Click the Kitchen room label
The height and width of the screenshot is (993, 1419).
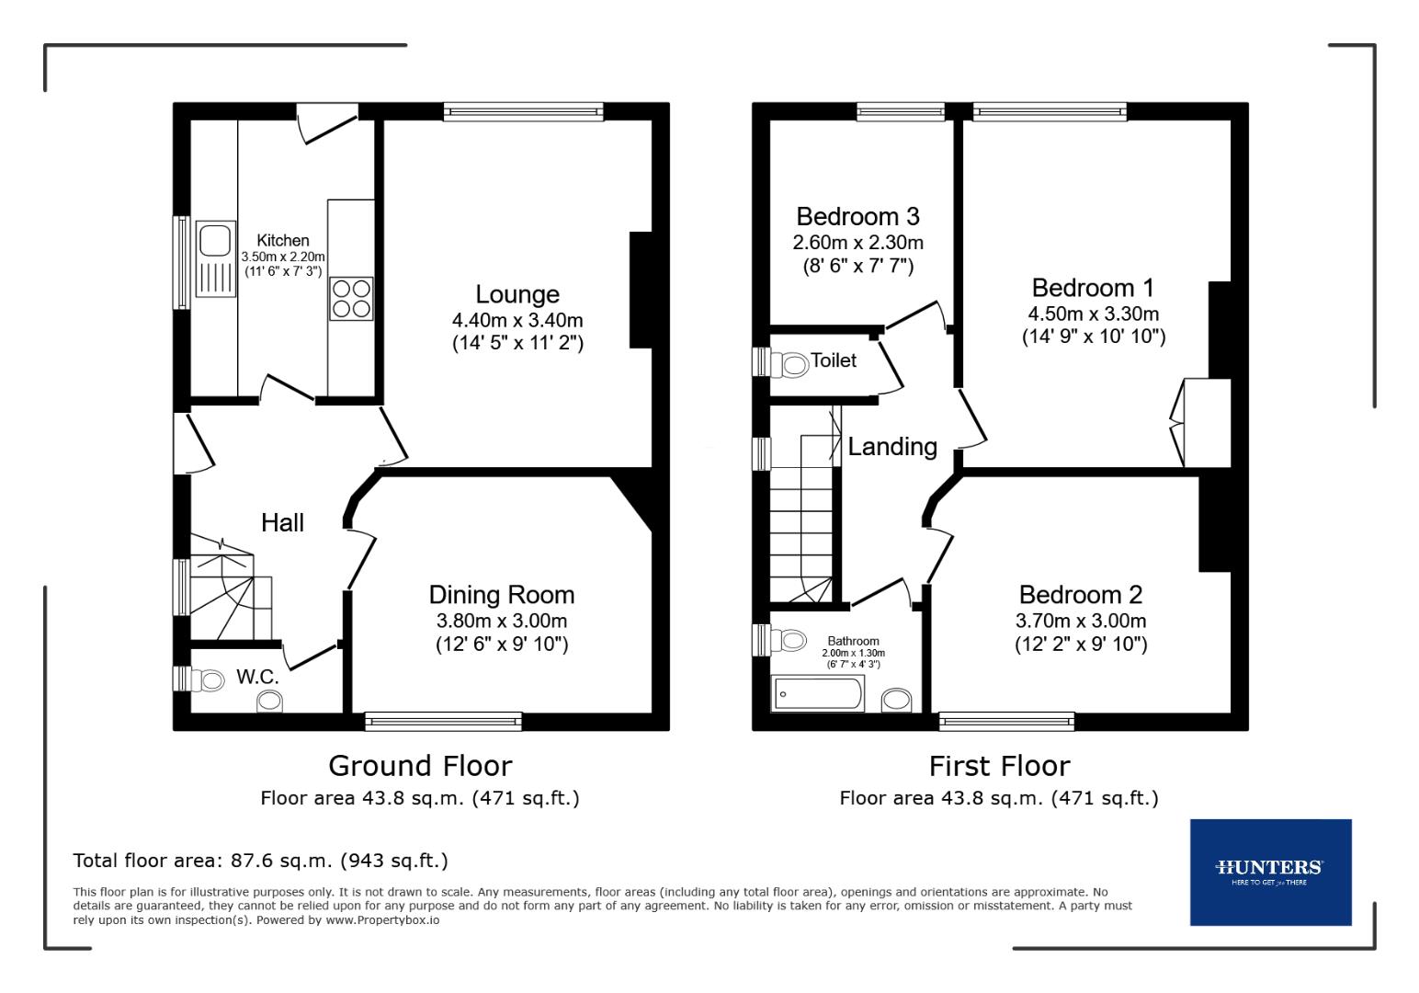tap(282, 240)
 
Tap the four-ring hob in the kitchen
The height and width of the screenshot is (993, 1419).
tap(351, 298)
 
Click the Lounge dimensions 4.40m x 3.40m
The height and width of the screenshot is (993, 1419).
tap(517, 321)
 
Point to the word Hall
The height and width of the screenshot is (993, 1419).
tap(282, 522)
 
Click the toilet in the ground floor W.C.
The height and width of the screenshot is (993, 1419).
tap(210, 680)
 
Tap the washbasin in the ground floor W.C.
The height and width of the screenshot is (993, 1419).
tap(270, 702)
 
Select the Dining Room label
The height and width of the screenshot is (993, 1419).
tap(501, 595)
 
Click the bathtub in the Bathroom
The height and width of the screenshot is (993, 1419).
tap(818, 693)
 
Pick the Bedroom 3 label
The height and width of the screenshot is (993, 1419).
tap(857, 217)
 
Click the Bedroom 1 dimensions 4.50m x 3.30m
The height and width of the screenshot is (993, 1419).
tap(1094, 314)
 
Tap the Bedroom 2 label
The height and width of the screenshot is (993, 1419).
tap(1081, 595)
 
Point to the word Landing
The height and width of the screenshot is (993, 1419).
tap(891, 447)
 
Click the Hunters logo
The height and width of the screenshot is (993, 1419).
tap(1270, 872)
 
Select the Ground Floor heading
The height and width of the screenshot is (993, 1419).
tap(420, 765)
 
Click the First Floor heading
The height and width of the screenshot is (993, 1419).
tap(999, 765)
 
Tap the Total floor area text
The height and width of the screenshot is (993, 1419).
tap(260, 861)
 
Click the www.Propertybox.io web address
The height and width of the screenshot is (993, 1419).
tap(382, 919)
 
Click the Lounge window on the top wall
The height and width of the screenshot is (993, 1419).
tap(523, 111)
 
